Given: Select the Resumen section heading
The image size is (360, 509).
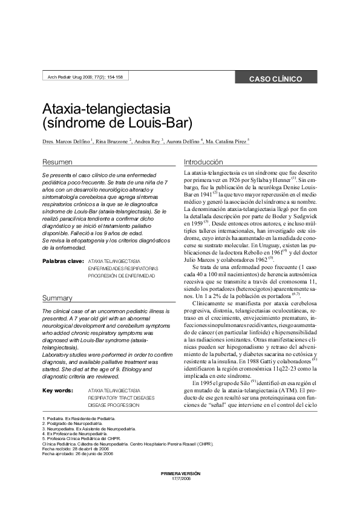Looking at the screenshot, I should click(57, 163).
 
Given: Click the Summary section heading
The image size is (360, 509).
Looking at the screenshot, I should click(57, 298).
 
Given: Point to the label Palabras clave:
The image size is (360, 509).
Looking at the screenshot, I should click(63, 261).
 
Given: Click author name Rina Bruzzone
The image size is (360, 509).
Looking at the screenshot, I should click(112, 141).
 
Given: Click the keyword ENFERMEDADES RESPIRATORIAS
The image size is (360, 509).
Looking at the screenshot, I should click(123, 268).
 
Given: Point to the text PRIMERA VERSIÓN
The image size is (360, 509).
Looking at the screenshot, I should click(180, 473).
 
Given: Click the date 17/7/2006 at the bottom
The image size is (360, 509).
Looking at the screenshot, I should click(180, 478).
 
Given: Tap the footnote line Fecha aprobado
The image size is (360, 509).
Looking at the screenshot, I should click(77, 453).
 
